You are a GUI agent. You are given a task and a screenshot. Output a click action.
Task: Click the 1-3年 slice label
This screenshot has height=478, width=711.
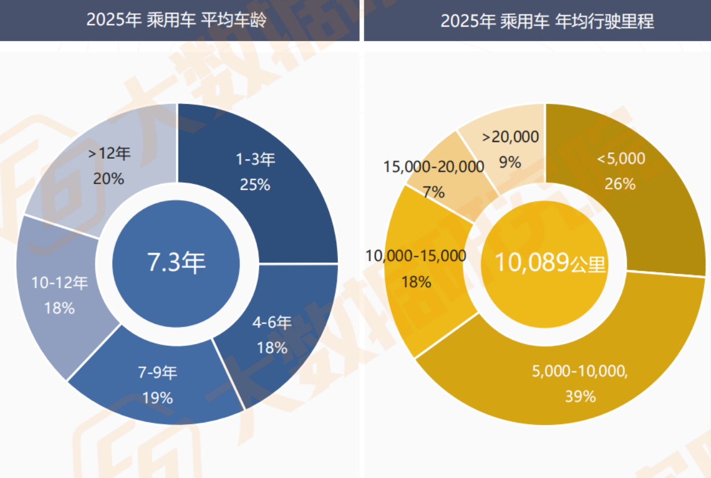pos(255,160)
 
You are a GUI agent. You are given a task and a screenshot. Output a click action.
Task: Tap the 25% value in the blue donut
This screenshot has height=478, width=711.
pos(255,185)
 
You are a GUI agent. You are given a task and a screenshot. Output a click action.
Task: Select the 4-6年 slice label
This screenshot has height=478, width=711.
pos(272,323)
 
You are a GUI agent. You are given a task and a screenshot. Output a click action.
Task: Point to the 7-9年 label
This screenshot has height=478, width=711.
pos(158,373)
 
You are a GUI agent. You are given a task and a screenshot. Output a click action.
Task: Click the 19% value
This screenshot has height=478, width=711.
pos(158,398)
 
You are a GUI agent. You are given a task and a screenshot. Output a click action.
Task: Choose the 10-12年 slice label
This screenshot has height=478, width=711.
pos(59,283)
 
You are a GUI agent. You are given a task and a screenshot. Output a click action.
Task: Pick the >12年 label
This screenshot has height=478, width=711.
pos(109,154)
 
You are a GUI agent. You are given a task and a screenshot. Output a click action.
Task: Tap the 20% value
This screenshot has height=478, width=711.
pos(109,179)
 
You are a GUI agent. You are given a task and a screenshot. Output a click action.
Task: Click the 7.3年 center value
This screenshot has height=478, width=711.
pos(176,263)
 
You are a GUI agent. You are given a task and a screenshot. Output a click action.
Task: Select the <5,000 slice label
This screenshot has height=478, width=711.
pos(621,159)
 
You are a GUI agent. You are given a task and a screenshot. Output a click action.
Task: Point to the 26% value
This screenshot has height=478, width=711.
pos(620,184)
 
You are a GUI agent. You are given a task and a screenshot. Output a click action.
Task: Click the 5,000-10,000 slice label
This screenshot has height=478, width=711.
pos(580,372)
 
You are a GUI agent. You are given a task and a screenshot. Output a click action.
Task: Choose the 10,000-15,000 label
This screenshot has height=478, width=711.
pos(416,256)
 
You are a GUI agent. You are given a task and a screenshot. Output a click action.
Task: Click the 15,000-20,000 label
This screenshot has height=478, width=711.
pos(434,167)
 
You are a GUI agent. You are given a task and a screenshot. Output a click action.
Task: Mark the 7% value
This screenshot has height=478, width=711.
pos(433,192)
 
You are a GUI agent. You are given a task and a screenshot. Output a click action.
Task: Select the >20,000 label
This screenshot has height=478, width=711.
pos(511,137)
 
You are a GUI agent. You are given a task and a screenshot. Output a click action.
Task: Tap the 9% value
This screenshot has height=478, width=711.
pos(510,162)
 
